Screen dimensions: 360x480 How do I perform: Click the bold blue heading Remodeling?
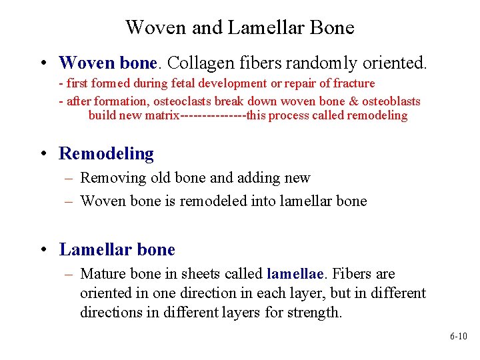(x=107, y=153)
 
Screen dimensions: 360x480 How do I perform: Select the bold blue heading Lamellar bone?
(x=117, y=250)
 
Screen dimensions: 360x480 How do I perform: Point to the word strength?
(x=314, y=313)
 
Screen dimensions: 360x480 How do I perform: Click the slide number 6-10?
(x=458, y=337)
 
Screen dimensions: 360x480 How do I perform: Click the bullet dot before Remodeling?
(x=44, y=154)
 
